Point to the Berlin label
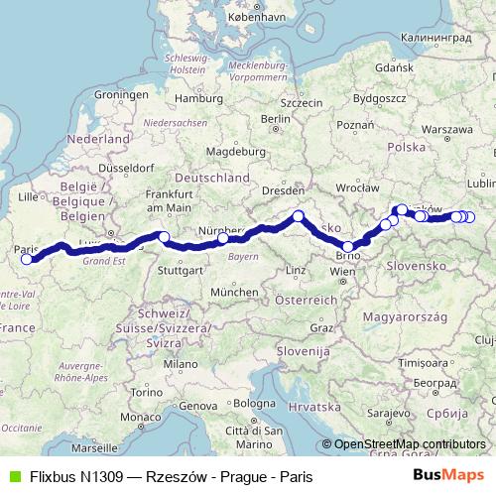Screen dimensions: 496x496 point(274,119)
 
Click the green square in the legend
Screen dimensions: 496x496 point(12,476)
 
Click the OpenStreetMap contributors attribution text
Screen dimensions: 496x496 point(410,443)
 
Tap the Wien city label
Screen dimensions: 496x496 point(343,270)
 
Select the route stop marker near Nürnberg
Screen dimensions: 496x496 point(223,238)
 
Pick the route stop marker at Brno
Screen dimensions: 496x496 point(348,247)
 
